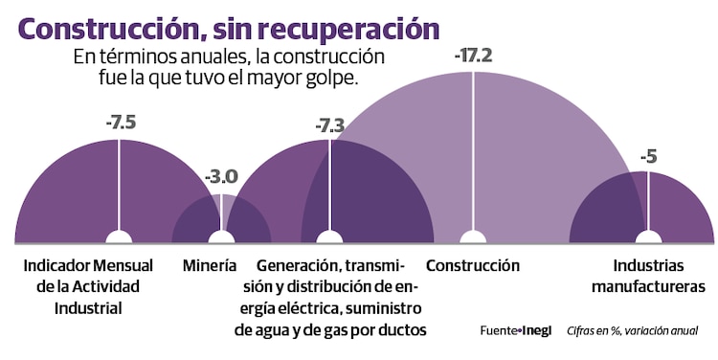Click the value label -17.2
[x=473, y=56]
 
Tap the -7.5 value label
[x=120, y=123]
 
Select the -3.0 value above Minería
[x=221, y=177]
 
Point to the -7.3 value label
[x=330, y=125]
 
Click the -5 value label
[x=648, y=156]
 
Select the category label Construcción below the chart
[x=473, y=265]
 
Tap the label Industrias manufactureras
[x=648, y=276]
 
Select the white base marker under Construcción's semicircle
[x=470, y=236]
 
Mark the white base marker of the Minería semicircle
[x=221, y=236]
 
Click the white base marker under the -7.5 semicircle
[x=119, y=236]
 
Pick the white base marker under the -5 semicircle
[x=648, y=236]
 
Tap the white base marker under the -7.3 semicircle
[x=329, y=236]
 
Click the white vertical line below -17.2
[x=472, y=153]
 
